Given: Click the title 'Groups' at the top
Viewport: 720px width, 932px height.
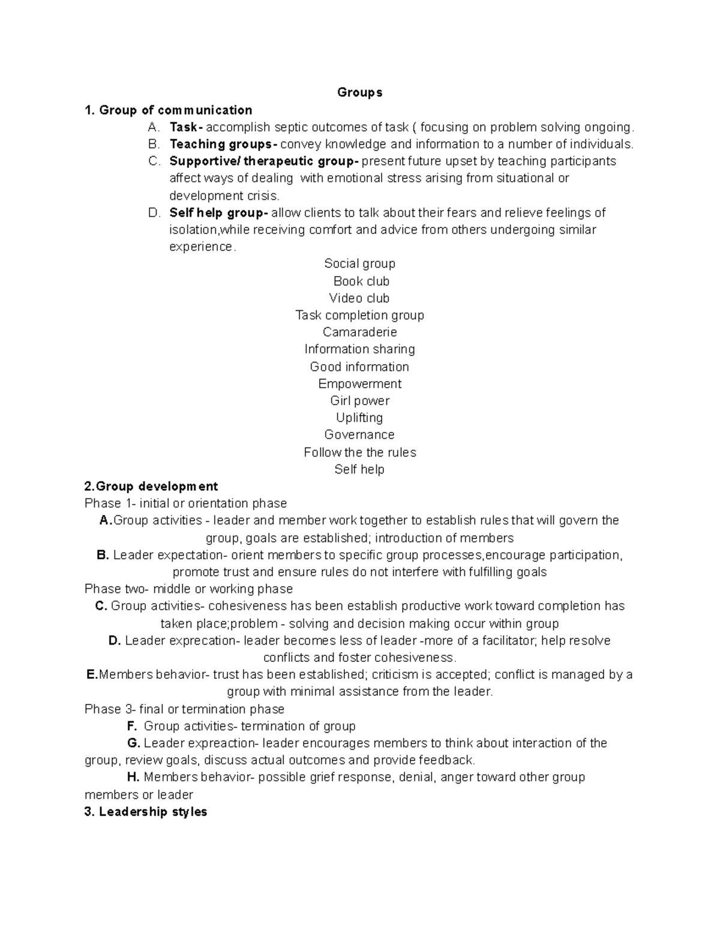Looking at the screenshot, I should [x=359, y=92].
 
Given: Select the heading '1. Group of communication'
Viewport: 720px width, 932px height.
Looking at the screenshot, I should [x=169, y=110].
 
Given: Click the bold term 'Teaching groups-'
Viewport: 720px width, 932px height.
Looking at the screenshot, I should [x=223, y=144].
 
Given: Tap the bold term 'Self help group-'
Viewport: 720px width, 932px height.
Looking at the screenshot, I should [x=218, y=212].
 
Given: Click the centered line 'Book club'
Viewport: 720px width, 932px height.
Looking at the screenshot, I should [x=361, y=281].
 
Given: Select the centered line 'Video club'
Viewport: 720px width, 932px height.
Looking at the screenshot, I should [x=359, y=298].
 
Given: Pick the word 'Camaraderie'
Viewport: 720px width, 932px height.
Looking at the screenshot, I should [x=359, y=332].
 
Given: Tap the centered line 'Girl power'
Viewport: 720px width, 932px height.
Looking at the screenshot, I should [x=359, y=400].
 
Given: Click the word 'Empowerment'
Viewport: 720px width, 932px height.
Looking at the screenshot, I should [x=359, y=383].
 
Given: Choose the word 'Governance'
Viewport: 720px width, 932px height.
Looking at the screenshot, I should [x=359, y=434].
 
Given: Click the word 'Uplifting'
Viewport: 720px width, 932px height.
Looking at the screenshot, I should [x=359, y=418].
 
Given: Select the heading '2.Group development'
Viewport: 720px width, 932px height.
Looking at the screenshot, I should [x=151, y=486].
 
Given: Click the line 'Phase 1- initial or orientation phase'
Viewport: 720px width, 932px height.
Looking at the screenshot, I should [x=186, y=503].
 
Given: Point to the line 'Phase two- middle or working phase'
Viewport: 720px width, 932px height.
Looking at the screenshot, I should [x=189, y=589].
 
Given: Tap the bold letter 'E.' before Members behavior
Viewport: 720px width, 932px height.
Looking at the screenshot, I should [x=92, y=675].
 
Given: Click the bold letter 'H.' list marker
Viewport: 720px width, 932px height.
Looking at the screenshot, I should [x=133, y=777].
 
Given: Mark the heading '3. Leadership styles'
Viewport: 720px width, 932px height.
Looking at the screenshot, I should [x=146, y=812].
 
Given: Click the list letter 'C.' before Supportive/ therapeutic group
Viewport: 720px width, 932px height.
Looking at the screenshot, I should [x=154, y=161].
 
